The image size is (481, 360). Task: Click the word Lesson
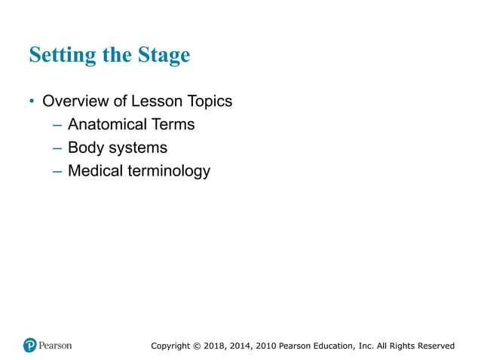tap(158, 101)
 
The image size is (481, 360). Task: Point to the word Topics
tap(210, 101)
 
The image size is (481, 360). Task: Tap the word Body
tap(84, 148)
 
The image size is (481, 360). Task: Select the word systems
tap(136, 148)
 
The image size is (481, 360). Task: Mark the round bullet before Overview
tap(32, 101)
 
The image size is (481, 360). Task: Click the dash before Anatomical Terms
tap(57, 124)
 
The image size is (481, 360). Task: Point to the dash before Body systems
tap(57, 148)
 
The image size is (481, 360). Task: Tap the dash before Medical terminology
tap(57, 171)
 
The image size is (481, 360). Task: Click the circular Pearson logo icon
tap(30, 346)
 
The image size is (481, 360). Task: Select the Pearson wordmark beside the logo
tap(56, 346)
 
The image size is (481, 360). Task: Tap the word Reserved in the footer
tap(435, 346)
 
